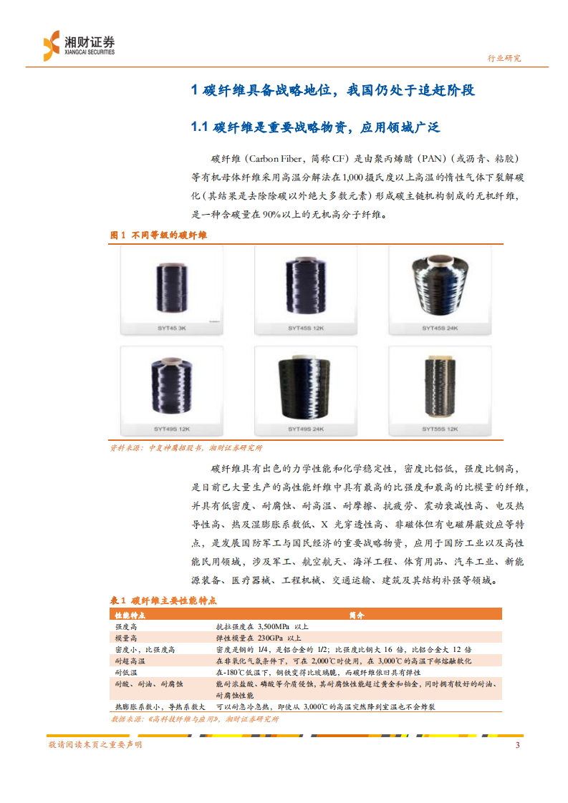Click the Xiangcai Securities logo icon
pyautogui.click(x=51, y=45)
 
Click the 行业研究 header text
pyautogui.click(x=504, y=59)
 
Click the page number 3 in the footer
pyautogui.click(x=517, y=745)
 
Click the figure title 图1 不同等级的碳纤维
pyautogui.click(x=158, y=235)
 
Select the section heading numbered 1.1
pyautogui.click(x=314, y=127)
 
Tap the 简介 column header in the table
pyautogui.click(x=356, y=615)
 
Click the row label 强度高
pyautogui.click(x=126, y=626)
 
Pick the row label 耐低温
pyautogui.click(x=126, y=673)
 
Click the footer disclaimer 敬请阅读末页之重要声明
pyautogui.click(x=95, y=745)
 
